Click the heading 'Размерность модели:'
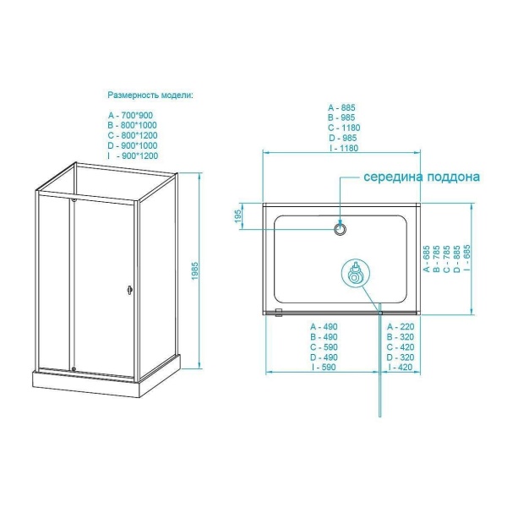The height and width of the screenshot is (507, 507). tap(150, 95)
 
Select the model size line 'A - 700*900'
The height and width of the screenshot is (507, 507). tap(130, 115)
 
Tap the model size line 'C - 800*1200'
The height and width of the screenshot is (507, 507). tap(133, 135)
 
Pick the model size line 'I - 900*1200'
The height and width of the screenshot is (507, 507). tap(133, 155)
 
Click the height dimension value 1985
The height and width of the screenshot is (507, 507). tap(194, 271)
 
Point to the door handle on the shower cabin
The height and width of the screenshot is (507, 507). tap(130, 289)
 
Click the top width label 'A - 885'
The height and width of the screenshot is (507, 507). tap(341, 107)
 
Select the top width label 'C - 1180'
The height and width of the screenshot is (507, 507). tap(344, 128)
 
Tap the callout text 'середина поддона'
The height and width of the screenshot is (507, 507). tap(422, 177)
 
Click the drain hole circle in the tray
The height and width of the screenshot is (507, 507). tap(340, 229)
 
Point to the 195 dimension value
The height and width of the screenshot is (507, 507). tap(238, 216)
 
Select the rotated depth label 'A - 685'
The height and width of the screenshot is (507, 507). tap(427, 259)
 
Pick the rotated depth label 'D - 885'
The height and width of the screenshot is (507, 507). tap(457, 259)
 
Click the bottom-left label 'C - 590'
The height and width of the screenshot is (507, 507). tap(324, 347)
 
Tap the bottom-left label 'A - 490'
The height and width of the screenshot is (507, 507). tap(324, 326)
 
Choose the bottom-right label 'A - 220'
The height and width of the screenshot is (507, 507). tap(401, 326)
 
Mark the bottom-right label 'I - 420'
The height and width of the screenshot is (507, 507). tap(401, 367)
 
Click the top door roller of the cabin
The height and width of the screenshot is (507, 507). tap(74, 199)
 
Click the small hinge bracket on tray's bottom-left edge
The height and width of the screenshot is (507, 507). tap(278, 313)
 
